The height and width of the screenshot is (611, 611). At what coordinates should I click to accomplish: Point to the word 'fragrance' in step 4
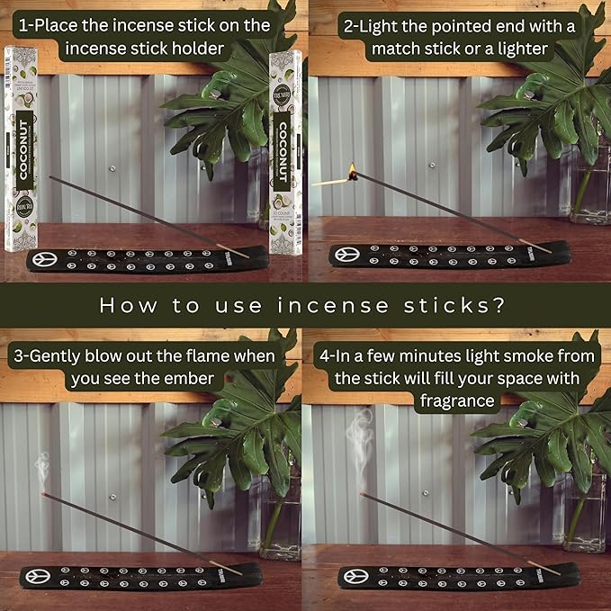click(x=455, y=400)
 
